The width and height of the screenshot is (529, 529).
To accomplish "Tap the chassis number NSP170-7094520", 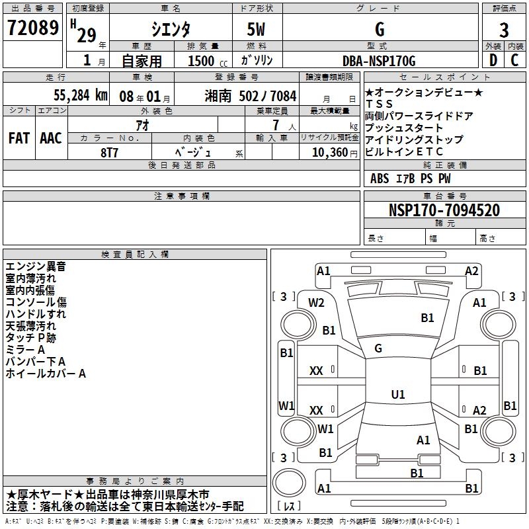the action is [x=444, y=211].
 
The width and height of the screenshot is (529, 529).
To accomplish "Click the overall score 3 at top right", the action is [x=504, y=30].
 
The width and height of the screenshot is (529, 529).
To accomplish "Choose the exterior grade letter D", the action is [x=493, y=61].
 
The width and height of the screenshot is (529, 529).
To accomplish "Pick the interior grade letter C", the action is [x=514, y=61].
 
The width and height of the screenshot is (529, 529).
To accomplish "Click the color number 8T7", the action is [x=110, y=151].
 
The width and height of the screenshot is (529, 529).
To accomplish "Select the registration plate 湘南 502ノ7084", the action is [x=251, y=95].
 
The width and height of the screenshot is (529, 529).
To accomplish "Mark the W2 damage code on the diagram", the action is [x=317, y=303].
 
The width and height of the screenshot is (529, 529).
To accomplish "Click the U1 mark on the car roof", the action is [x=398, y=395].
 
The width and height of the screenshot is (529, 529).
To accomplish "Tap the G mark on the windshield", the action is [x=378, y=348].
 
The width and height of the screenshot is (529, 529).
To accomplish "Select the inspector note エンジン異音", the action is [x=36, y=266].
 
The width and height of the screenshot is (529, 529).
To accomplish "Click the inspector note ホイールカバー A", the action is [x=46, y=374].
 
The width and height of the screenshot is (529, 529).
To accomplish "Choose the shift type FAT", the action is [x=19, y=138].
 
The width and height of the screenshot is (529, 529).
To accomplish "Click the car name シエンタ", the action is [x=170, y=30].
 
